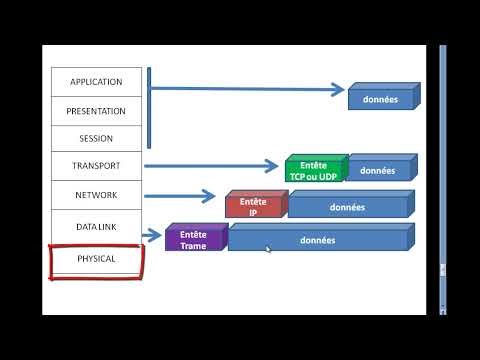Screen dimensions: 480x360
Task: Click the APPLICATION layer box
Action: pyautogui.click(x=96, y=82)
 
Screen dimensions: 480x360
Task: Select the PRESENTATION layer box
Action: pyautogui.click(x=96, y=111)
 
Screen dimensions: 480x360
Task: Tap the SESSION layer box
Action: pyautogui.click(x=96, y=139)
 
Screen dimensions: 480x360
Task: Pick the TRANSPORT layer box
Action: pyautogui.click(x=96, y=167)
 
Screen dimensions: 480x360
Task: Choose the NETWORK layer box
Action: pyautogui.click(x=96, y=195)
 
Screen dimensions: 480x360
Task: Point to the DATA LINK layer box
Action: pyautogui.click(x=96, y=227)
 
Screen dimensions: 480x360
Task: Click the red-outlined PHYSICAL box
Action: pyautogui.click(x=96, y=259)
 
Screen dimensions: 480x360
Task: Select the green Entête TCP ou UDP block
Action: pyautogui.click(x=314, y=170)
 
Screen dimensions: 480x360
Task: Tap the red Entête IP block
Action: pyautogui.click(x=254, y=206)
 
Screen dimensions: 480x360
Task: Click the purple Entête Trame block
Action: pyautogui.click(x=194, y=239)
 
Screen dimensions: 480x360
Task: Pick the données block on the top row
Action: pyautogui.click(x=381, y=98)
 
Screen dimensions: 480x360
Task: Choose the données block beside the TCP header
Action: pyautogui.click(x=379, y=170)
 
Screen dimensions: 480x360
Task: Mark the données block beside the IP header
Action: pyautogui.click(x=348, y=206)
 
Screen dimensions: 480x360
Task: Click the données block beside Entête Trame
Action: pyautogui.click(x=318, y=239)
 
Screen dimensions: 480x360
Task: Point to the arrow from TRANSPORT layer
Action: pyautogui.click(x=212, y=166)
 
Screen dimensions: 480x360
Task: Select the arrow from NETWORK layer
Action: pyautogui.click(x=180, y=196)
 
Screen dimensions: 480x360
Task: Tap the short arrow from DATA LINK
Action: pyautogui.click(x=153, y=236)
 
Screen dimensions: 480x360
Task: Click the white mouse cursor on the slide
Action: pyautogui.click(x=268, y=250)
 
